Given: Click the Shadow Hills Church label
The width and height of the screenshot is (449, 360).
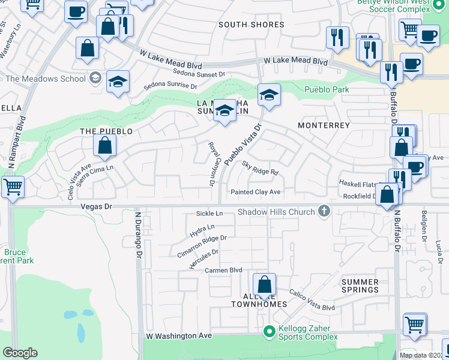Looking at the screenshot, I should click(276, 212).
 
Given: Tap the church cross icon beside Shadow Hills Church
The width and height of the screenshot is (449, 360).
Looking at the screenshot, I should click(325, 211).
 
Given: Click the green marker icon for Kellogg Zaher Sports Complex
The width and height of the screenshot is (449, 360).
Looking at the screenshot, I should click(269, 331).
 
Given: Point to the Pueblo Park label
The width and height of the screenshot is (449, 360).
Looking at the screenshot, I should click(327, 89).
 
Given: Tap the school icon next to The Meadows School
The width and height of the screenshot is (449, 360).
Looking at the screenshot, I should click(95, 78).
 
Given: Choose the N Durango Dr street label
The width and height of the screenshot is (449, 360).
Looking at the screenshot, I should click(138, 233).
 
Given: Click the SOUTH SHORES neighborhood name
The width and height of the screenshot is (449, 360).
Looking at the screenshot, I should click(251, 25).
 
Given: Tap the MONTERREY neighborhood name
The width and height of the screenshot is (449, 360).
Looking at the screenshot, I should click(324, 125).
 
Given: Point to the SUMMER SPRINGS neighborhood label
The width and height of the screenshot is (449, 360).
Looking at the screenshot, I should click(360, 286).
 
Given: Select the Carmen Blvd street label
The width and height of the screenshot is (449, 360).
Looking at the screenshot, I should click(223, 270).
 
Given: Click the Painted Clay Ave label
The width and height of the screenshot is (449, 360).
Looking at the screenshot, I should click(256, 192).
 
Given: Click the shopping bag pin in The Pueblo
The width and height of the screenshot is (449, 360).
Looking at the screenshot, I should click(104, 146).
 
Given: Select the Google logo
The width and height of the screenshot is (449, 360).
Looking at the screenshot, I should click(20, 353).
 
